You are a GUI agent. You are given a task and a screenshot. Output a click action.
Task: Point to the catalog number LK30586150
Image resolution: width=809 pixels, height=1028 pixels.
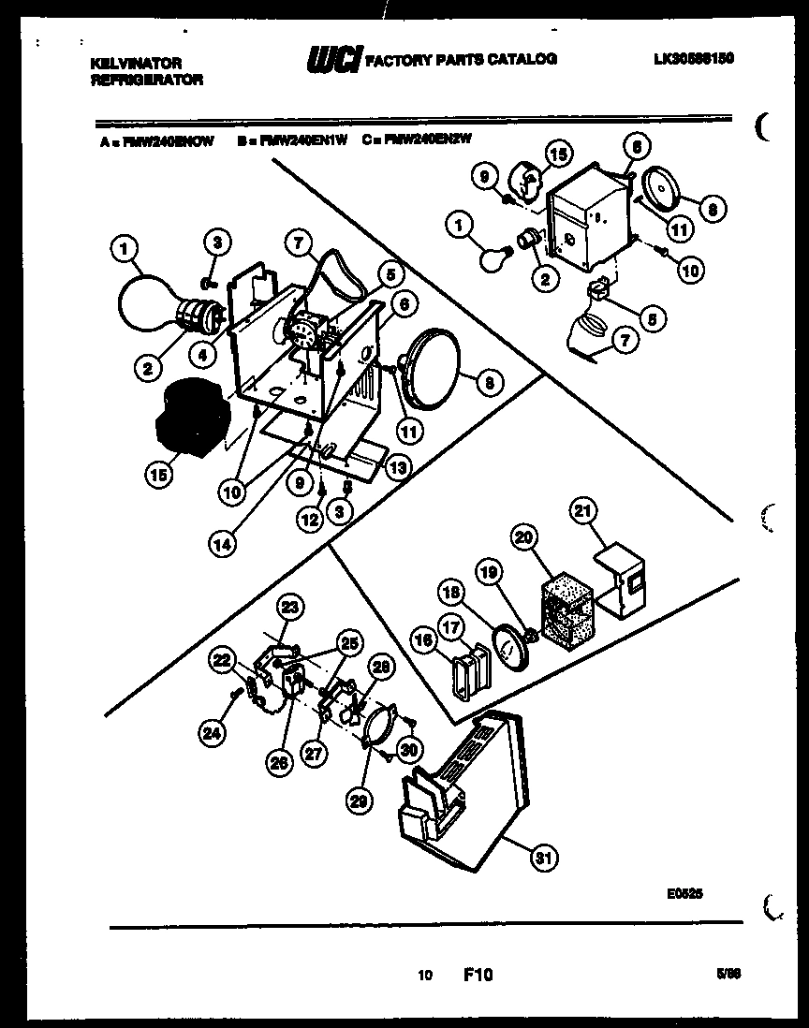tap(693, 58)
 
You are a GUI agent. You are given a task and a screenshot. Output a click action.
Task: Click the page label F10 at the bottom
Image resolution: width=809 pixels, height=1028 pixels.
tap(478, 976)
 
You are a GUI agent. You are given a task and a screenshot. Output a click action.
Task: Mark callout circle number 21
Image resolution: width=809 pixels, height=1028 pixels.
tap(582, 510)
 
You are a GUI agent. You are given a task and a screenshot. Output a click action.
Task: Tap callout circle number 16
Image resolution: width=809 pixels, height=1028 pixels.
tap(422, 640)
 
